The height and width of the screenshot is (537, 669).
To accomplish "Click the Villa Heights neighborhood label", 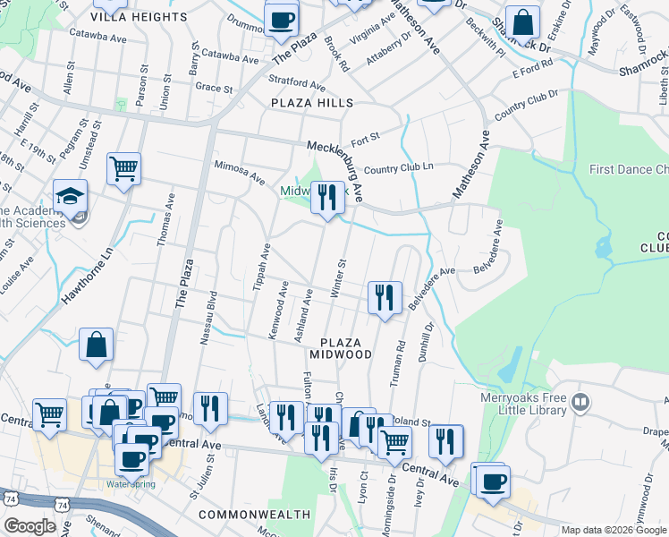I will coord(139,17).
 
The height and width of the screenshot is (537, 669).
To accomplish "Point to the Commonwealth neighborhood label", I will coord(254,515).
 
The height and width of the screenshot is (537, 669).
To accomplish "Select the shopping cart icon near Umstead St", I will coord(123,167).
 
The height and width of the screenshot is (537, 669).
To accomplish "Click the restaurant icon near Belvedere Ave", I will coord(385,295).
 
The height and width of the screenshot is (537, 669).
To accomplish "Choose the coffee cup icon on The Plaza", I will coord(281,19).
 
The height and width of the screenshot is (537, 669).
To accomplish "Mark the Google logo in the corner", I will coord(30,526).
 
